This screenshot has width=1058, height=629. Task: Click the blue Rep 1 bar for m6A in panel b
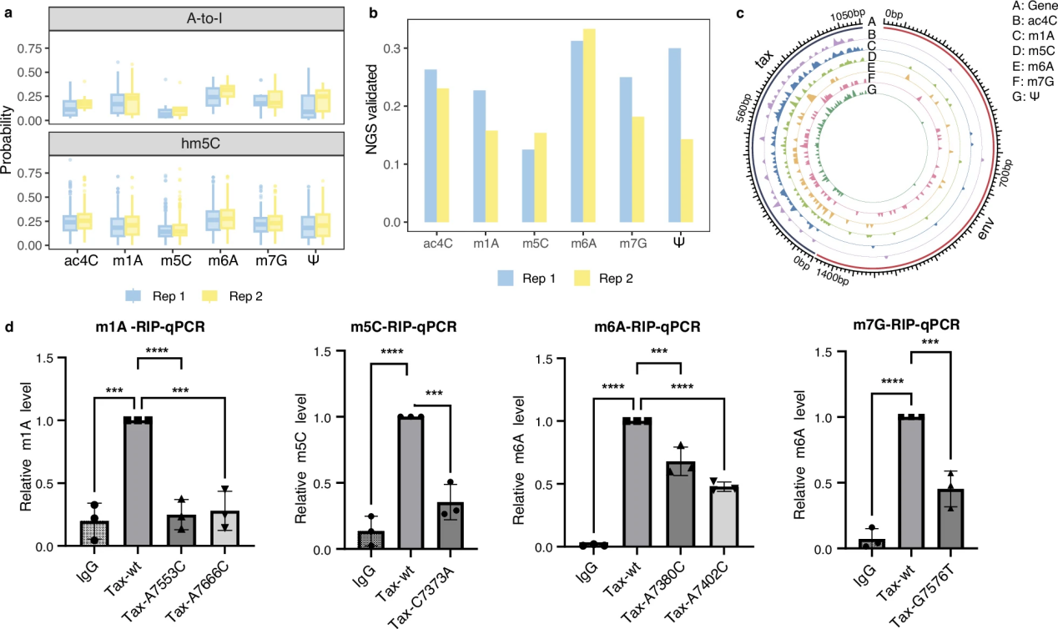(x=576, y=133)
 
